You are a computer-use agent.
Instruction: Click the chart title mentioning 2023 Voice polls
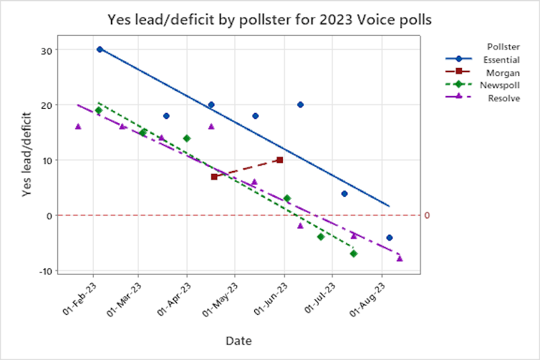click(269, 19)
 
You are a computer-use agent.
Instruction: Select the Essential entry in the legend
click(501, 60)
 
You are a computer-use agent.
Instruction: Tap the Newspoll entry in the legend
click(501, 85)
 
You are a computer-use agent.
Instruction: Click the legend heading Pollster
click(503, 47)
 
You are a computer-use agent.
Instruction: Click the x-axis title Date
click(238, 341)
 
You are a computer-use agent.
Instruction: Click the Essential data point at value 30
click(100, 49)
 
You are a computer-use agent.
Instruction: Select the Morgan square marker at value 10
click(279, 160)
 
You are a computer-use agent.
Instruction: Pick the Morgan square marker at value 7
click(214, 177)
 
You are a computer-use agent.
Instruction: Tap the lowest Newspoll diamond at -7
click(353, 253)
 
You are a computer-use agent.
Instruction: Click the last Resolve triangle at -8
click(400, 258)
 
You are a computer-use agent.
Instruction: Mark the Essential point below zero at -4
click(390, 238)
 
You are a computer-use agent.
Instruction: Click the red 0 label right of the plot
click(427, 215)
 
